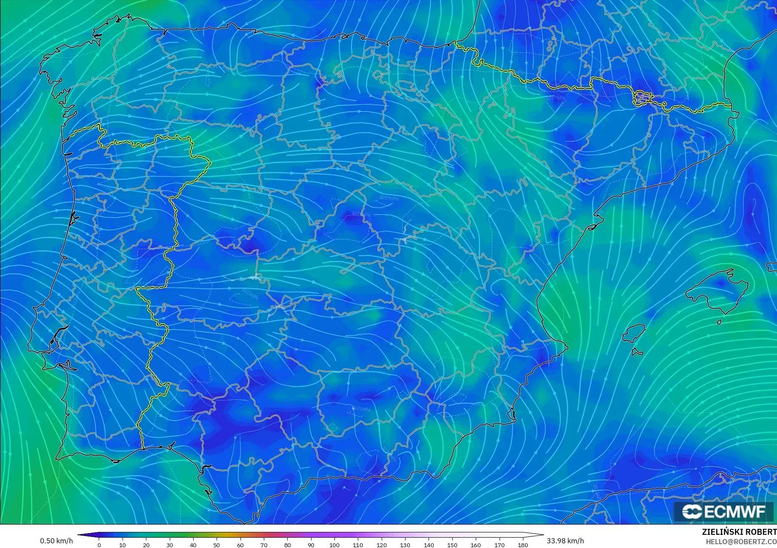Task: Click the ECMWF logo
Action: tap(723, 511)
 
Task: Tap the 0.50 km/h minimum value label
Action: tap(56, 541)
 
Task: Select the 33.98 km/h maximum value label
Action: tap(565, 541)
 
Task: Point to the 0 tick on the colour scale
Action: tap(99, 545)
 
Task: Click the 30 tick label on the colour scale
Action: tap(170, 545)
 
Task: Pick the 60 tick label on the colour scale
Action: tap(240, 545)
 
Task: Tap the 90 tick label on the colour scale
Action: tap(311, 545)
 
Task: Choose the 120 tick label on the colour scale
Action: tap(382, 545)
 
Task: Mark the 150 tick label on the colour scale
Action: tap(452, 545)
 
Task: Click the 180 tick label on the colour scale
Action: tap(523, 545)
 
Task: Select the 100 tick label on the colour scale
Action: tap(334, 545)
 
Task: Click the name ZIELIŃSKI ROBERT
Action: tap(739, 532)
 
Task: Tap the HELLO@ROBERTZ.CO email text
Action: tap(741, 542)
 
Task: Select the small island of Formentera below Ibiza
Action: tap(637, 352)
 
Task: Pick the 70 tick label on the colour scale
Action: tap(264, 545)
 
